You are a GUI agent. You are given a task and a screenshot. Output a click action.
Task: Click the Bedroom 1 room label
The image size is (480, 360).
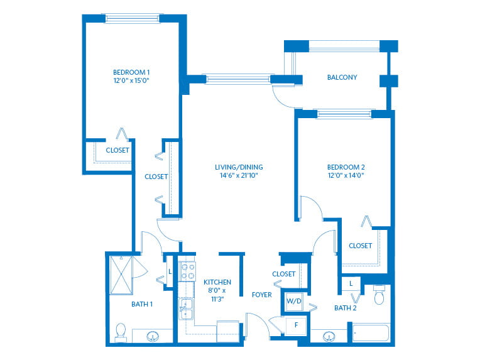[131, 72]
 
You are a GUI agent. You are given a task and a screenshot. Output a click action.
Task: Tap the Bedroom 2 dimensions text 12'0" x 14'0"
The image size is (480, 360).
[346, 175]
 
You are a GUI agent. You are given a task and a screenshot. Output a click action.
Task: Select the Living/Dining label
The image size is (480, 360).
[239, 167]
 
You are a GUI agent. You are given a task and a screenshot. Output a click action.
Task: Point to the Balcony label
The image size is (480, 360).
[342, 77]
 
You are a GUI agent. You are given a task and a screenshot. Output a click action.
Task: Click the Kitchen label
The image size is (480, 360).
[217, 282]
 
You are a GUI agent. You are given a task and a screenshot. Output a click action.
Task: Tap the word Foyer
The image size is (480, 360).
[262, 295]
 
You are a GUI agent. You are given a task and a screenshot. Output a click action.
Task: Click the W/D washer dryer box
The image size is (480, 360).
[294, 301]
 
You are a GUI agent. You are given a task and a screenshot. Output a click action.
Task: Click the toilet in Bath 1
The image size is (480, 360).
[121, 332]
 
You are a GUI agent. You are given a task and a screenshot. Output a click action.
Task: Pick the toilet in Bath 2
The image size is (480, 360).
[379, 295]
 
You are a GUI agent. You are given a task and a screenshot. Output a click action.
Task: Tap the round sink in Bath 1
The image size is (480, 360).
[153, 336]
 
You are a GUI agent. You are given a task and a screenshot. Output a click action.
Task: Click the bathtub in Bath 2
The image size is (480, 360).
[371, 333]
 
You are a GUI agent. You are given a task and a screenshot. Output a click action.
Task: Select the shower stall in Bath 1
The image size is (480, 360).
[121, 275]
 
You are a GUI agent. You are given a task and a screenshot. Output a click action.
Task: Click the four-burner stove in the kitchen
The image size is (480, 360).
[187, 271]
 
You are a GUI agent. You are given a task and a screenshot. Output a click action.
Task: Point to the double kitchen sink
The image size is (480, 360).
[186, 309]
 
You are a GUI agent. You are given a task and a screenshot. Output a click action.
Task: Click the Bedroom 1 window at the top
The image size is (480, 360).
[133, 18]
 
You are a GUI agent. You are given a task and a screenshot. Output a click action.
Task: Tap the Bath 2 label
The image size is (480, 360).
[346, 308]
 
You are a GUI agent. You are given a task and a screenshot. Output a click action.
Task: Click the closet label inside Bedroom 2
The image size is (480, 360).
[360, 246]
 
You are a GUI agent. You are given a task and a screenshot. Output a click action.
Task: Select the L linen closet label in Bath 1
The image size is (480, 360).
[170, 271]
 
